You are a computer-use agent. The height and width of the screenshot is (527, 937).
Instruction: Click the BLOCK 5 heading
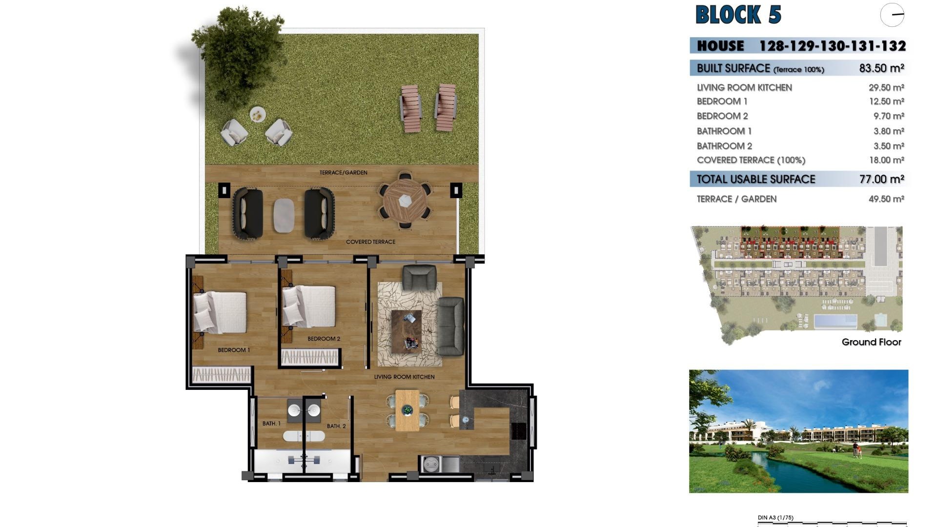click(x=738, y=15)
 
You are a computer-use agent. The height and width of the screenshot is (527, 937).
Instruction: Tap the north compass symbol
click(x=892, y=15)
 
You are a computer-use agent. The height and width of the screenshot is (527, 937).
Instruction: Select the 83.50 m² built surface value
click(x=881, y=68)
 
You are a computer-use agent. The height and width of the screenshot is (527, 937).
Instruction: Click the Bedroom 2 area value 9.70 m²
click(x=888, y=116)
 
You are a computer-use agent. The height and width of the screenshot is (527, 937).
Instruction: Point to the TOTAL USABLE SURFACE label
click(x=756, y=179)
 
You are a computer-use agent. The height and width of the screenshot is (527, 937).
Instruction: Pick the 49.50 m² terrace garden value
click(x=886, y=199)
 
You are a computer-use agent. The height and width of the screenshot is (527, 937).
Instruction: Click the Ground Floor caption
click(x=871, y=342)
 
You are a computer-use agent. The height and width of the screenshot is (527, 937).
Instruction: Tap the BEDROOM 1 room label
click(x=234, y=350)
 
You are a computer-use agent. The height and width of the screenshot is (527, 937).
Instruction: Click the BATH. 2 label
click(x=336, y=426)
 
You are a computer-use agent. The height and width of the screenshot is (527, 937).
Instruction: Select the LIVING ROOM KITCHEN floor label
click(x=404, y=377)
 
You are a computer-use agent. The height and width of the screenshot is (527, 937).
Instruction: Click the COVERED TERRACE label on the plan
click(x=370, y=242)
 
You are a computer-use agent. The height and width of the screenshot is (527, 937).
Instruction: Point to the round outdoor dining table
click(x=405, y=201)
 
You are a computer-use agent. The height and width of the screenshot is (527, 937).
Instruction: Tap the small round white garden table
click(x=258, y=115)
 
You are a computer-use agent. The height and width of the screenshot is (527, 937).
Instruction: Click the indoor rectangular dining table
click(x=407, y=410)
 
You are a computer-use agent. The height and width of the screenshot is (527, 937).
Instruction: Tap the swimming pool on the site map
click(x=835, y=321)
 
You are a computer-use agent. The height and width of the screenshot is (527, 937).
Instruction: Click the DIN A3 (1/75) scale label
click(x=775, y=518)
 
